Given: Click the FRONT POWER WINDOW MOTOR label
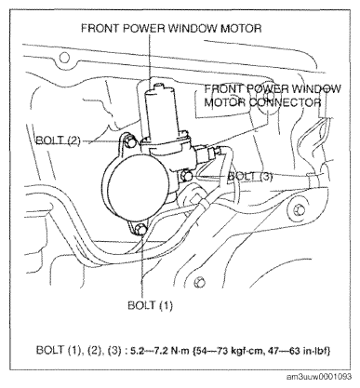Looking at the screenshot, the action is [x=171, y=28].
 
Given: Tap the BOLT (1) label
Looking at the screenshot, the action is [x=150, y=305].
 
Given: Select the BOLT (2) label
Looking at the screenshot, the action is [x=58, y=140].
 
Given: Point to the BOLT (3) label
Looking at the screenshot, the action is [x=250, y=177].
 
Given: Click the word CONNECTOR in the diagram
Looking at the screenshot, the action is [x=285, y=102].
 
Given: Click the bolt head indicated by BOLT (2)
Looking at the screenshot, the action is [x=128, y=141].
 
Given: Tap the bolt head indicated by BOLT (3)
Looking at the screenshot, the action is [x=187, y=176].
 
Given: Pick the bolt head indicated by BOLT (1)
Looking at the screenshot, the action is [x=141, y=230].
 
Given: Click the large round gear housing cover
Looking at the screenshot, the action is [x=137, y=186].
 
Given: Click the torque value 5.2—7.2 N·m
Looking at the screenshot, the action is [x=157, y=351].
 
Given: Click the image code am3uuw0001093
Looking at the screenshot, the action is [x=319, y=377].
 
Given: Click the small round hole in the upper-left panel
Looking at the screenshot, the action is [x=64, y=58].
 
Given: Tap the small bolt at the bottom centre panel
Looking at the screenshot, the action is [x=200, y=282].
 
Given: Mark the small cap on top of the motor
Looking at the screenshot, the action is [x=159, y=86].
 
